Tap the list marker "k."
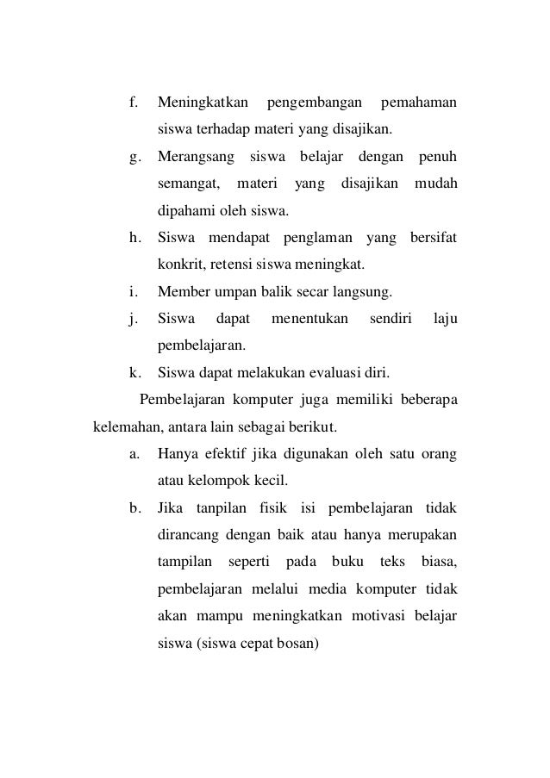(134, 373)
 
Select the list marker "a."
(134, 453)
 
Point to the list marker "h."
(134, 238)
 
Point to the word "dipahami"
(184, 212)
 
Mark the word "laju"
(446, 319)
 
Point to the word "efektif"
(229, 453)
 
